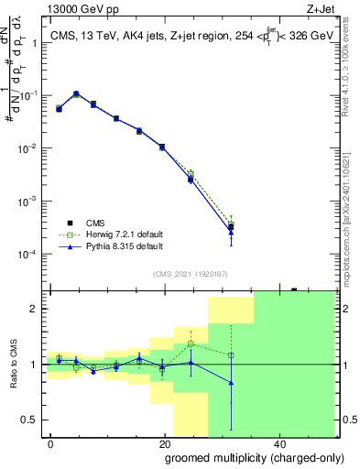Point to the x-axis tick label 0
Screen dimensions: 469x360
50,442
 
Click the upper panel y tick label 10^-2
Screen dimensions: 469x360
30,148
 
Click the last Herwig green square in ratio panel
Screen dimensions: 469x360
231,355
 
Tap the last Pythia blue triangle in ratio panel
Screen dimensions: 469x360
231,383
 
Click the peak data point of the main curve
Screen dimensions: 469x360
76,93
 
